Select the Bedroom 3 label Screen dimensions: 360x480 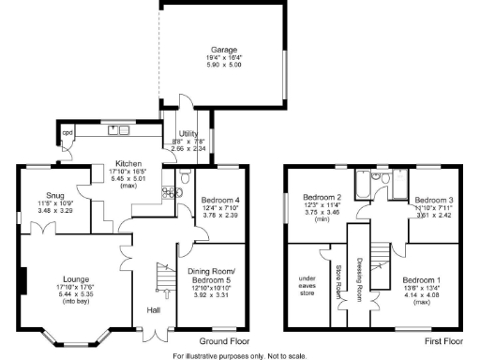pyautogui.click(x=434, y=200)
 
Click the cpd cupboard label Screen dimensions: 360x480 pyautogui.click(x=67, y=133)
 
